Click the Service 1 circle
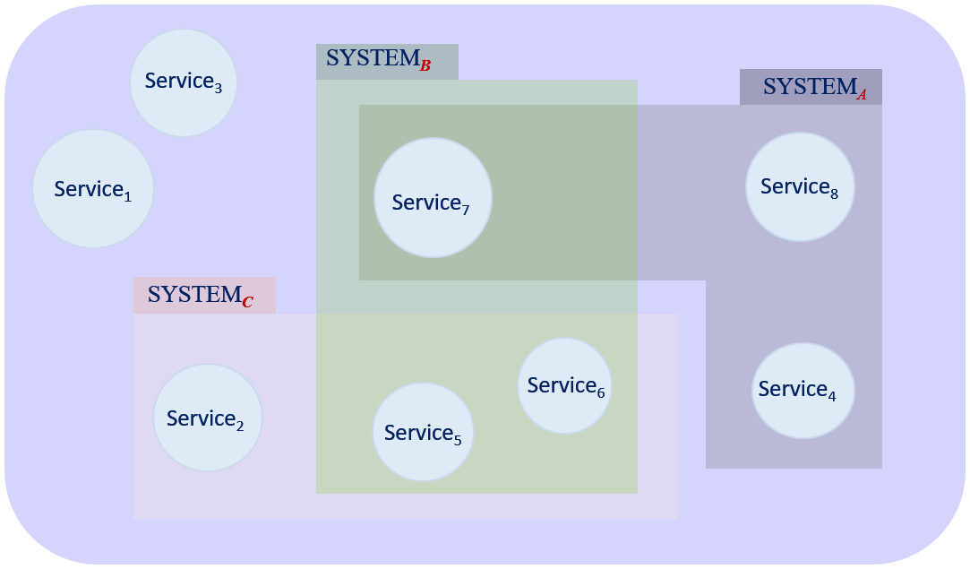(93, 189)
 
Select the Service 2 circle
(207, 418)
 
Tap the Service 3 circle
(184, 82)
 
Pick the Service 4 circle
(803, 391)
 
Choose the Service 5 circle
(423, 433)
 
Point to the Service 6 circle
(564, 385)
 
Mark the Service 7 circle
(433, 198)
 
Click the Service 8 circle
(800, 186)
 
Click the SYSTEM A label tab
(811, 87)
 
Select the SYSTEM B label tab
(387, 62)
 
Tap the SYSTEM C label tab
(204, 295)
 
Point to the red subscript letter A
(862, 95)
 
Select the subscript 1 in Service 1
(127, 196)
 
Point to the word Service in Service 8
(794, 186)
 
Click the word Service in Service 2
(200, 418)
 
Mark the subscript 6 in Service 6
(600, 392)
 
